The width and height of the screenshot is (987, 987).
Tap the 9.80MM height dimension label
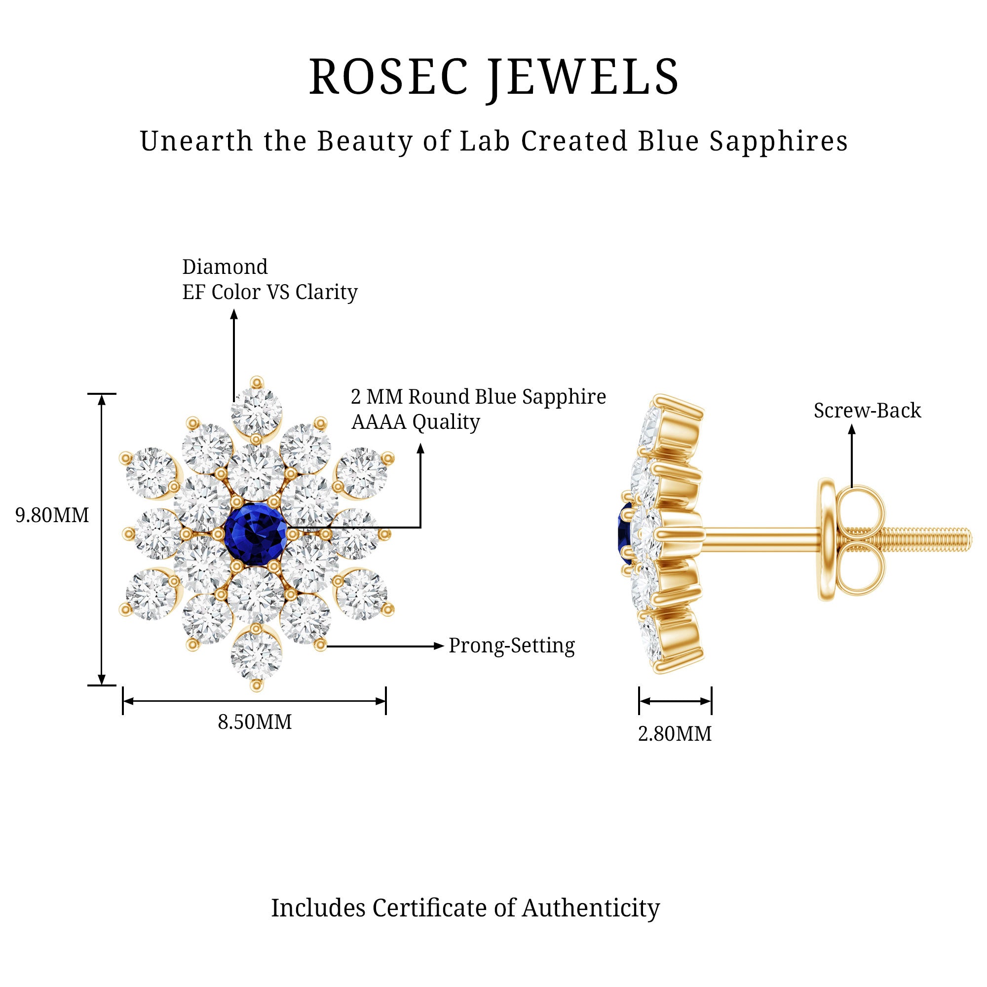(52, 516)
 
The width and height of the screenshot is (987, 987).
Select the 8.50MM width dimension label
(255, 722)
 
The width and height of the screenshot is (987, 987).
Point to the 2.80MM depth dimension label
(674, 734)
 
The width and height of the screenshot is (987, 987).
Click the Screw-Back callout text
(867, 411)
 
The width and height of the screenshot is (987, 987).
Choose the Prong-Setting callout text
(511, 645)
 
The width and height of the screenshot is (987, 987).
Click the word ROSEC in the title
(388, 77)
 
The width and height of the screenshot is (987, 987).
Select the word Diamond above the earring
(225, 266)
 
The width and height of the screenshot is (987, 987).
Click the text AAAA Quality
(416, 422)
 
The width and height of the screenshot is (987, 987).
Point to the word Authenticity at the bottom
(591, 908)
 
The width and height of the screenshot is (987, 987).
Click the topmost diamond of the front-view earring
(257, 411)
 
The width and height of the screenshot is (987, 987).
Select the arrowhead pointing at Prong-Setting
(438, 645)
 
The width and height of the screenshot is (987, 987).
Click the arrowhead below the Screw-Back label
(852, 430)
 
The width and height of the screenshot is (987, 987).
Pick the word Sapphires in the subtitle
(779, 142)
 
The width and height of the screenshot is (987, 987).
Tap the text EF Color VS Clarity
(270, 292)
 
